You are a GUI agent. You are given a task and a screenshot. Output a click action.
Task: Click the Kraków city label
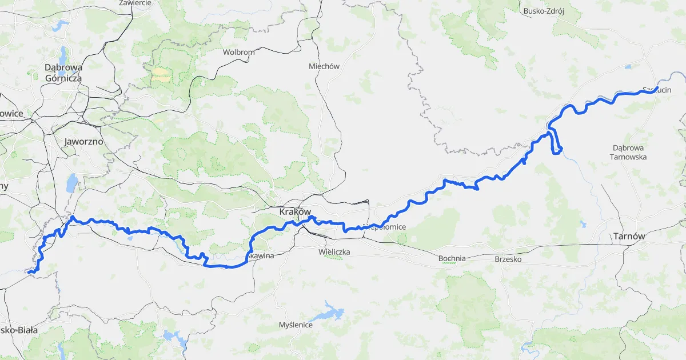294,212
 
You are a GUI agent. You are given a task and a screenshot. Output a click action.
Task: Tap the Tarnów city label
628,236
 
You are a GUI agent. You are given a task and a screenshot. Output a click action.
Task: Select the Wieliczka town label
334,251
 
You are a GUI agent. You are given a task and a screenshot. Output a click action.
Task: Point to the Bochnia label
452,258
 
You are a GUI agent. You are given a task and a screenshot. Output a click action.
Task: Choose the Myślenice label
296,325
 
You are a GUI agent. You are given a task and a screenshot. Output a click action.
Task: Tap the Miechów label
324,66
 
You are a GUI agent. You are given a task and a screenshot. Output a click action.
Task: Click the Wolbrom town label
239,52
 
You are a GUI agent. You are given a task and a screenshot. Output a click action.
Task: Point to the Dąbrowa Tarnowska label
628,152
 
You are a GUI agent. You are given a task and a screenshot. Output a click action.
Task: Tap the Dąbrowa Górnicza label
63,73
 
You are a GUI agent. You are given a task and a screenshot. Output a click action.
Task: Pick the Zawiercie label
135,3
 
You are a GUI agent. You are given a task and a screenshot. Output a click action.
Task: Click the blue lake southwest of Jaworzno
72,184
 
